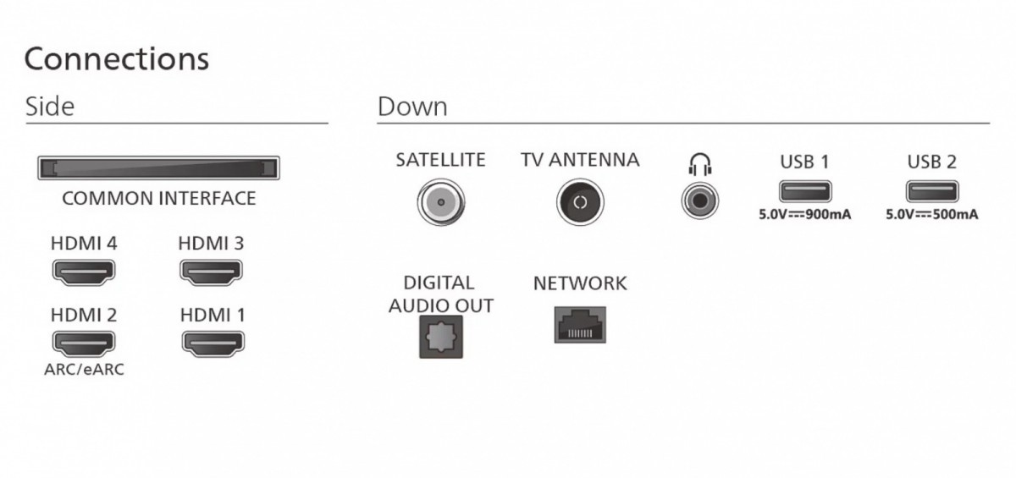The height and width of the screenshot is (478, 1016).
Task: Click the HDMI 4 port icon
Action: click(x=84, y=272)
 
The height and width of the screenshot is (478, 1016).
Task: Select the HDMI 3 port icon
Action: click(x=212, y=272)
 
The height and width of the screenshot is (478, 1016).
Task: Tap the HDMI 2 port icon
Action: click(x=84, y=343)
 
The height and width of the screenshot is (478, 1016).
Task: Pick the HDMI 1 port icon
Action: click(x=213, y=343)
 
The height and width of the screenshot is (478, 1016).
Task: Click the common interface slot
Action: click(x=159, y=168)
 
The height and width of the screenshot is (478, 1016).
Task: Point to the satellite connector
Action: click(x=441, y=202)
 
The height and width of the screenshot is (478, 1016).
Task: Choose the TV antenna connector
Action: click(x=580, y=202)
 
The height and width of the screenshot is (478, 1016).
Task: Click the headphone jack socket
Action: click(x=700, y=201)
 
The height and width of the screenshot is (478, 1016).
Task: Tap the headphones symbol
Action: click(x=700, y=164)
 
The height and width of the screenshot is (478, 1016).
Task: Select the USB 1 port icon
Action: click(x=805, y=191)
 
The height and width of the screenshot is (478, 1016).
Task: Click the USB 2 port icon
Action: click(x=932, y=191)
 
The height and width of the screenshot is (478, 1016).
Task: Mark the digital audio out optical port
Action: click(x=441, y=337)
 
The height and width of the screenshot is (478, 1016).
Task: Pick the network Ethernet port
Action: click(x=580, y=325)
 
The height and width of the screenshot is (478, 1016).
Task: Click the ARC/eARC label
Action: click(x=84, y=369)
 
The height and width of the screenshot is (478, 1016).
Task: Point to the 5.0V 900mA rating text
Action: click(x=805, y=214)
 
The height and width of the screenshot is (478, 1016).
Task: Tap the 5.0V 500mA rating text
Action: click(x=932, y=214)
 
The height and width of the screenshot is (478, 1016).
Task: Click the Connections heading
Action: click(x=117, y=59)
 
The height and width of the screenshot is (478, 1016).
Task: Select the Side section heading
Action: click(x=50, y=107)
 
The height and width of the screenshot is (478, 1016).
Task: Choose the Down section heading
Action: click(x=412, y=107)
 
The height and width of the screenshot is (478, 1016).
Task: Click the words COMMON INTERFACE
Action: click(x=159, y=199)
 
